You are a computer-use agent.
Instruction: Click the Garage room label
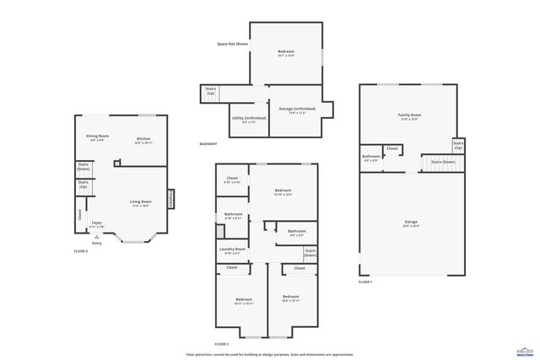(412, 222)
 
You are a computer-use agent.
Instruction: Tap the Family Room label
(409, 115)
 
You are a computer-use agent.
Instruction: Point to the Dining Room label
(98, 136)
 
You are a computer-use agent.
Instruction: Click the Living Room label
(140, 201)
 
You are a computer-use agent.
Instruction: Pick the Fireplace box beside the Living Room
(171, 199)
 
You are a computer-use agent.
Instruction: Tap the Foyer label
(97, 223)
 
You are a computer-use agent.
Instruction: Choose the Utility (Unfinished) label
(248, 119)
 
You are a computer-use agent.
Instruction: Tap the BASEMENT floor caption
(208, 143)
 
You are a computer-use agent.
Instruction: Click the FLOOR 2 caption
(81, 251)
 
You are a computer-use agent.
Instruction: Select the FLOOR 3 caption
(222, 344)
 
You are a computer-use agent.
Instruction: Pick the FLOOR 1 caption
(365, 281)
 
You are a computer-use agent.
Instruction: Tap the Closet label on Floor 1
(392, 149)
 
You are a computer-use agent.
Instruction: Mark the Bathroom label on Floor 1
(371, 156)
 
